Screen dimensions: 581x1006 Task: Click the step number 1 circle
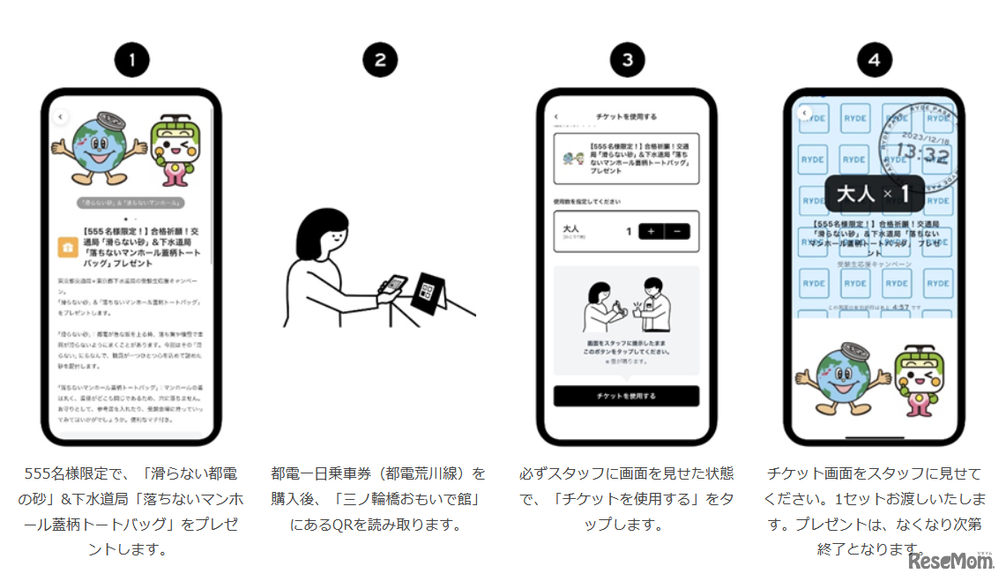click(x=131, y=60)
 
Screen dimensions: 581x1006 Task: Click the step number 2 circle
click(x=380, y=60)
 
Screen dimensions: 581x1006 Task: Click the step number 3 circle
click(x=628, y=60)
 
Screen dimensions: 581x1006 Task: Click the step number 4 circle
click(x=875, y=60)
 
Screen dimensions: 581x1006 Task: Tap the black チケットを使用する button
click(x=626, y=396)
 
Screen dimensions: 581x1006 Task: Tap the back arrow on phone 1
click(x=60, y=116)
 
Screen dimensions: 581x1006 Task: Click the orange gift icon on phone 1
click(x=66, y=248)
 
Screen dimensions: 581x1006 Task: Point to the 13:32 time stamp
click(x=921, y=156)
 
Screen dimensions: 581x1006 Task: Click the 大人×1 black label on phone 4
click(x=874, y=193)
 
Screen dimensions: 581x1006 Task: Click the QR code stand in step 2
click(x=428, y=290)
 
